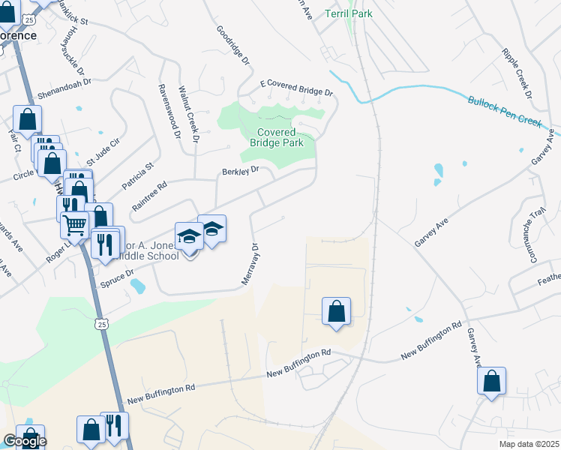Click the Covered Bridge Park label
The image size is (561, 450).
[x=271, y=137]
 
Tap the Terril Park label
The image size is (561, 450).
[x=349, y=13]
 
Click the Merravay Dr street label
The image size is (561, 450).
[x=250, y=262]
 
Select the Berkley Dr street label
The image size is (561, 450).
[x=240, y=171]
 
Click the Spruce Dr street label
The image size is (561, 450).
[x=118, y=280]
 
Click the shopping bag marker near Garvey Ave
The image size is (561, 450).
[x=492, y=381]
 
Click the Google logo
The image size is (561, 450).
[x=25, y=441]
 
